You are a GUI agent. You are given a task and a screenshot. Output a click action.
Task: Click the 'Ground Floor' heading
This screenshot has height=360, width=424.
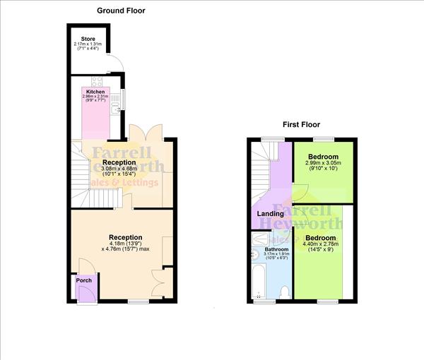pyautogui.click(x=122, y=11)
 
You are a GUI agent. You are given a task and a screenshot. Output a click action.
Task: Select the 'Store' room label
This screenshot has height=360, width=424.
pyautogui.click(x=88, y=39)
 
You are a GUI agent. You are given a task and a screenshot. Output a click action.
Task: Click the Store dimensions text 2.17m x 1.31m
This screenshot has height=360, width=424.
pyautogui.click(x=88, y=44)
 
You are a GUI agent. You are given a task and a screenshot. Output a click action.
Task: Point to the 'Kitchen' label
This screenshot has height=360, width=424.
pyautogui.click(x=95, y=92)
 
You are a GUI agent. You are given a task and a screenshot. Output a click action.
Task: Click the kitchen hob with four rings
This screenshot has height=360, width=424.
pyautogui.click(x=96, y=82)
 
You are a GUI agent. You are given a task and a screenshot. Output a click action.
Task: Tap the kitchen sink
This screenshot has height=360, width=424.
pyautogui.click(x=114, y=107)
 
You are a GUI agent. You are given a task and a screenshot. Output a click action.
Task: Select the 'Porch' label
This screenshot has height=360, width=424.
pyautogui.click(x=83, y=280)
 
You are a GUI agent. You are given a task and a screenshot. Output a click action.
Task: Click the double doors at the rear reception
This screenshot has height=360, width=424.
pyautogui.click(x=146, y=132)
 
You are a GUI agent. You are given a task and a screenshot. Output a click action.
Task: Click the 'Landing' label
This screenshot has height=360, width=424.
pyautogui.click(x=270, y=213)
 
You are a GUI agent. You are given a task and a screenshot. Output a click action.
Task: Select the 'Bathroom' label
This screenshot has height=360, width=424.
pyautogui.click(x=276, y=249)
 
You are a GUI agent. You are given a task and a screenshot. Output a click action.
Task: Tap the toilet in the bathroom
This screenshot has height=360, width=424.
pyautogui.click(x=283, y=292)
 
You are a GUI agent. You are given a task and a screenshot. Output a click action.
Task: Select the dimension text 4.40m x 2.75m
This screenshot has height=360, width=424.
pyautogui.click(x=322, y=245)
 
